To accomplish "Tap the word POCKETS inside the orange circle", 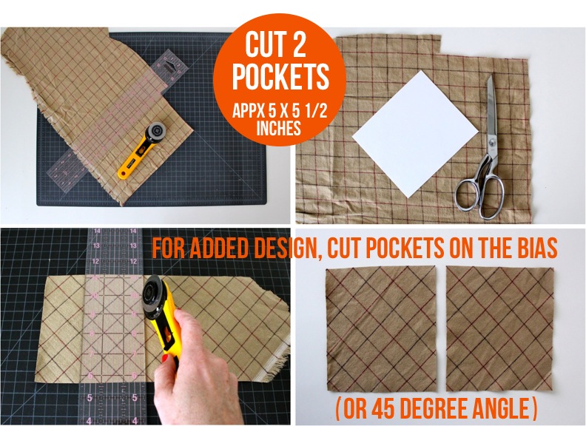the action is [280, 76].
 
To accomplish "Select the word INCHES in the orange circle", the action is [279, 128].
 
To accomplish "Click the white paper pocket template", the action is [415, 134].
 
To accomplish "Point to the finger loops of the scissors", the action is [480, 197].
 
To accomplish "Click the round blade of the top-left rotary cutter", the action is [156, 131].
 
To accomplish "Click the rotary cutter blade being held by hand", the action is [155, 297].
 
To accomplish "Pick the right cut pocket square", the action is [499, 329].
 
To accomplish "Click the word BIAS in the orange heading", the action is [534, 247].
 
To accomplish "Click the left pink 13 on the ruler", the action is [96, 246].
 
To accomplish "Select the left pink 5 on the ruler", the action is [90, 398].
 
